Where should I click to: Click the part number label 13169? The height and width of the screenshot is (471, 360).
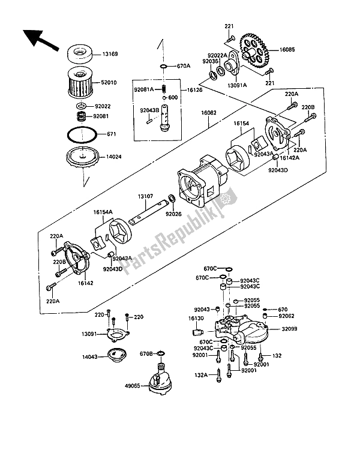click(110, 55)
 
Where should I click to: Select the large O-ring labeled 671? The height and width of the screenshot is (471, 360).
click(82, 134)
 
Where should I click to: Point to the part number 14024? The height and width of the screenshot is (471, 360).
click(113, 157)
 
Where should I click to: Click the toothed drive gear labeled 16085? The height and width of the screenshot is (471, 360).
click(253, 50)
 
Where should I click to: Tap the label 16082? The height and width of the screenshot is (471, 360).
click(209, 113)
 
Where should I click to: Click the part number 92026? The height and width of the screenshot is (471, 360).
click(173, 215)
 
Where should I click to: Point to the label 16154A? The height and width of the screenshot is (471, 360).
click(103, 212)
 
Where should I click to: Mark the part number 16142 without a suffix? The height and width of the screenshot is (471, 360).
click(85, 283)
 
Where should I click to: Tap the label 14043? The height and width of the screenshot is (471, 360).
click(90, 357)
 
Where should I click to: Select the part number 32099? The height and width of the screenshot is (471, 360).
click(289, 329)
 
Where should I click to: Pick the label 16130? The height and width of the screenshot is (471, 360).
click(196, 319)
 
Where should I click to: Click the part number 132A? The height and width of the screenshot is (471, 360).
click(201, 375)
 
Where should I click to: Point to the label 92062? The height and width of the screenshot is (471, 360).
click(286, 316)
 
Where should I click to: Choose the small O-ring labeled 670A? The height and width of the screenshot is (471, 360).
click(164, 66)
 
